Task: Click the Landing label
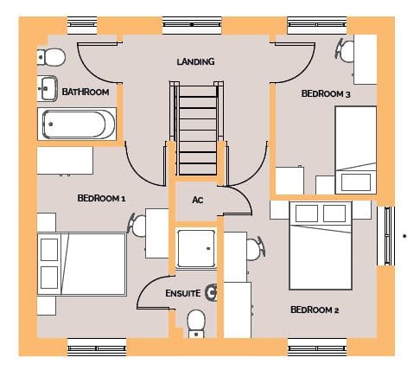pyautogui.click(x=195, y=61)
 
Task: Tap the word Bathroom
pyautogui.click(x=86, y=92)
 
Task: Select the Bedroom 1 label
pyautogui.click(x=101, y=198)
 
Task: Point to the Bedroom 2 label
pyautogui.click(x=315, y=309)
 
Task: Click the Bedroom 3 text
pyautogui.click(x=326, y=93)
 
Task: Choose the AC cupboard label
pyautogui.click(x=198, y=200)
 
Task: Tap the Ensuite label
pyautogui.click(x=183, y=293)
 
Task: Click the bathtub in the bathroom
pyautogui.click(x=77, y=124)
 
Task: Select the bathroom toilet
pyautogui.click(x=51, y=57)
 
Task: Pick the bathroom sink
pyautogui.click(x=48, y=88)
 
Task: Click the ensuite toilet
pyautogui.click(x=196, y=323)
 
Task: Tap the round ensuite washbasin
pyautogui.click(x=212, y=293)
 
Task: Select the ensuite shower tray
pyautogui.click(x=196, y=248)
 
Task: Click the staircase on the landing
pyautogui.click(x=198, y=128)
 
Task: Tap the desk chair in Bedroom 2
pyautogui.click(x=256, y=249)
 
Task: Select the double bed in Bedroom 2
pyautogui.click(x=321, y=246)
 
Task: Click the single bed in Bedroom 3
pyautogui.click(x=356, y=150)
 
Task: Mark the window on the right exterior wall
pyautogui.click(x=385, y=236)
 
